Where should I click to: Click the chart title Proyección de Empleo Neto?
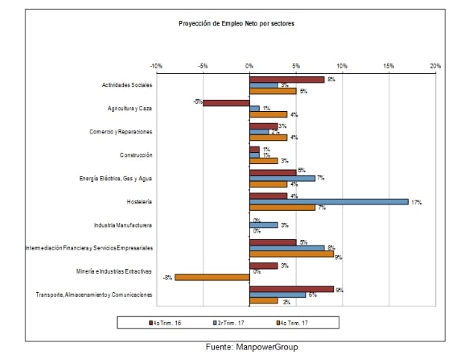[236, 24]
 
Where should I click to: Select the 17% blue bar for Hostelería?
[329, 201]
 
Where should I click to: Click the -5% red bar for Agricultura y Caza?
[226, 102]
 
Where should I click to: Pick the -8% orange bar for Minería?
[212, 277]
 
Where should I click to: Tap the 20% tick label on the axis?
[436, 66]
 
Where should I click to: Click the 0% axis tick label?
[249, 66]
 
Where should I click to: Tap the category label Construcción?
[136, 155]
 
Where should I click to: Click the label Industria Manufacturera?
[123, 224]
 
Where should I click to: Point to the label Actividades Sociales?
[127, 85]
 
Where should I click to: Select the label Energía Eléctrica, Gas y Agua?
[116, 178]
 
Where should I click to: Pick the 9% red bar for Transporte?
[292, 288]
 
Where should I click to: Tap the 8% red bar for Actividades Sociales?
[287, 79]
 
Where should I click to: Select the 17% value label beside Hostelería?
[416, 202]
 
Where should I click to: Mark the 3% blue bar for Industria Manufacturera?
[263, 224]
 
